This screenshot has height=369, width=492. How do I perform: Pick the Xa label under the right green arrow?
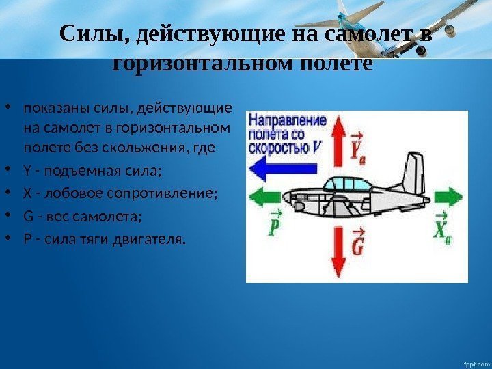click(443, 228)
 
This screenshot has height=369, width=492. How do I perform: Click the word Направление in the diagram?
click(288, 120)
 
